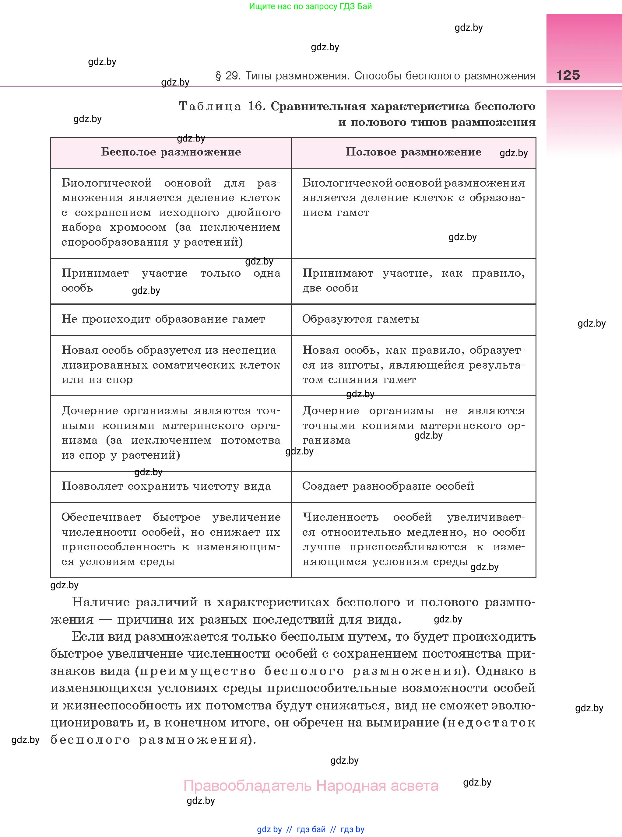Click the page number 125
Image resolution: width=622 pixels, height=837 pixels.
point(568,75)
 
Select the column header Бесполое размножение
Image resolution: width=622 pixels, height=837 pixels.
point(171,152)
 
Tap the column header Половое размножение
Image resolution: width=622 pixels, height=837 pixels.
point(413,152)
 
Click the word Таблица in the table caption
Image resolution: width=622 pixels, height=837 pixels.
point(210,107)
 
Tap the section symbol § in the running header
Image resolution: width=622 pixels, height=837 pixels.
point(218,76)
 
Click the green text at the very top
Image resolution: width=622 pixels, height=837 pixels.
point(310,6)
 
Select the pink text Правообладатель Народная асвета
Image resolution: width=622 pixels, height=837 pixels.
point(311,786)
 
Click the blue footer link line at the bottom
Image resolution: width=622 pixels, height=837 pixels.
point(311,829)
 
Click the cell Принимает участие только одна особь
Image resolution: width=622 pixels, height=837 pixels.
point(171,280)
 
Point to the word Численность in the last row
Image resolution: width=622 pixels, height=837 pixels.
point(340,517)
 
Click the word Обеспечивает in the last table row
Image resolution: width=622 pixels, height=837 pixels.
point(101,517)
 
